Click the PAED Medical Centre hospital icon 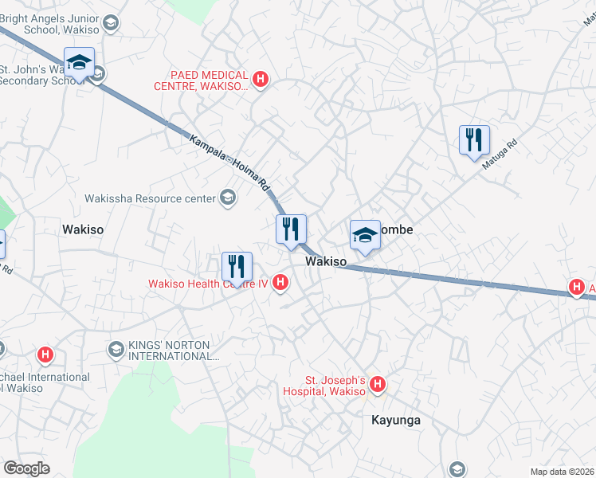(x=260, y=79)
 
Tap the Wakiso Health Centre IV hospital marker (x=280, y=282)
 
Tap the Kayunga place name (x=396, y=420)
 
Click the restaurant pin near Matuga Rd (x=474, y=140)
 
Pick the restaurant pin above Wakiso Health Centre (x=237, y=266)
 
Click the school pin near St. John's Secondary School (x=79, y=62)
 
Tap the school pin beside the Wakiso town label (x=364, y=235)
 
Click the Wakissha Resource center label (x=151, y=198)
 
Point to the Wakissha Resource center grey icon (x=228, y=198)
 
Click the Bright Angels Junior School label (x=50, y=24)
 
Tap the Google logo (x=26, y=468)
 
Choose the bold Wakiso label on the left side (x=83, y=229)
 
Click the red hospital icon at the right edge (x=576, y=288)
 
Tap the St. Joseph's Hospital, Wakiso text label (x=325, y=386)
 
